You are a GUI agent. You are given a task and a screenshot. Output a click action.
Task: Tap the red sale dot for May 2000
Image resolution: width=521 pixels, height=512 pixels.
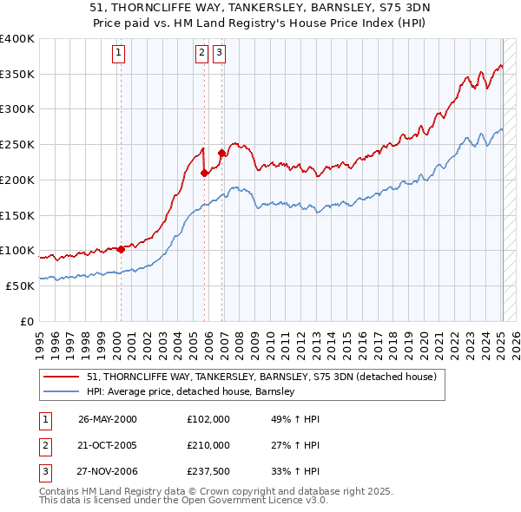coord(121,249)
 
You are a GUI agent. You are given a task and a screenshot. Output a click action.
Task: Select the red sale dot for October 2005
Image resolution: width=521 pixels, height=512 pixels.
coord(204,173)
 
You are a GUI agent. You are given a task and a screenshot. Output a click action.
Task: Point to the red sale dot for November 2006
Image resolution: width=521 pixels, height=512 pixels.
coord(221,154)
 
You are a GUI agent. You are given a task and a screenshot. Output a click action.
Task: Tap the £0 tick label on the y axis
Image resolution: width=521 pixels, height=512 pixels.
coord(28,321)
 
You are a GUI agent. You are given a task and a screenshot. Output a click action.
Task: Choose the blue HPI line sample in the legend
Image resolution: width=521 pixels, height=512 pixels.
coord(61,392)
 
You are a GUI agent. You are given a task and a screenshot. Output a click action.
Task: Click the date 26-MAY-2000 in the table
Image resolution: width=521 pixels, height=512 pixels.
coord(108,419)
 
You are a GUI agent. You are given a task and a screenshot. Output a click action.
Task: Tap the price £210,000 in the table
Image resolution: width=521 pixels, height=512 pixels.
coord(208,445)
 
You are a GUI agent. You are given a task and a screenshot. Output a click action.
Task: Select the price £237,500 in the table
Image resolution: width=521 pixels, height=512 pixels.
coord(208,471)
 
